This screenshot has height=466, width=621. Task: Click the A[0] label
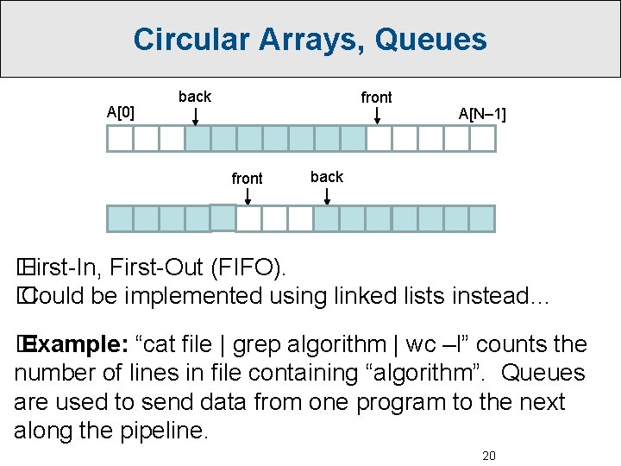[x=120, y=111]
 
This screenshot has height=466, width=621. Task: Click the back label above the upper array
[x=194, y=96]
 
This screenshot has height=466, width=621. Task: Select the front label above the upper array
[x=376, y=98]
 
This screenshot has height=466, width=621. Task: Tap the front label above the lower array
[x=248, y=178]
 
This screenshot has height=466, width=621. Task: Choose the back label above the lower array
[x=327, y=177]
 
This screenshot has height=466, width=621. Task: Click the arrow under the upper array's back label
[x=196, y=116]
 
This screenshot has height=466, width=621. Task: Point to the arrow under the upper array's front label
[x=377, y=116]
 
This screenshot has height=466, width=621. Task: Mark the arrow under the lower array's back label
[x=327, y=196]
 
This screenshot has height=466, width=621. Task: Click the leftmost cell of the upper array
[x=120, y=139]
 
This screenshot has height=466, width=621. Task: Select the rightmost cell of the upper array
[x=482, y=139]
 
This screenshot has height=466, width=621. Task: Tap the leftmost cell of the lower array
[x=120, y=219]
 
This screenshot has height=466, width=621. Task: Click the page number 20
[x=488, y=456]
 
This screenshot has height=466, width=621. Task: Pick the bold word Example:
[x=78, y=345]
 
